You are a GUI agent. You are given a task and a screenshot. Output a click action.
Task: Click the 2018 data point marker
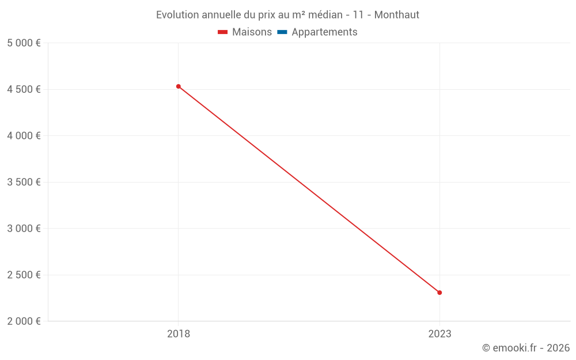click(179, 86)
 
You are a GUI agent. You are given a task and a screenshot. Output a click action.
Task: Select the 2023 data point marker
click(439, 293)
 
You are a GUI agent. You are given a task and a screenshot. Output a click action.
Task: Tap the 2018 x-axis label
click(179, 334)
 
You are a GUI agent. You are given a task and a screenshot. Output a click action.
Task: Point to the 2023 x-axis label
click(439, 334)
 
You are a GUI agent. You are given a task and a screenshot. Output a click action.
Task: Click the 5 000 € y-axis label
click(24, 43)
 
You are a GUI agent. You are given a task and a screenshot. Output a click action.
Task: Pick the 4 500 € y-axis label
click(24, 89)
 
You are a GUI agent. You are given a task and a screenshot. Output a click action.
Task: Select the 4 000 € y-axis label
click(24, 136)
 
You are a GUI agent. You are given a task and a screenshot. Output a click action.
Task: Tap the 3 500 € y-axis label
click(24, 182)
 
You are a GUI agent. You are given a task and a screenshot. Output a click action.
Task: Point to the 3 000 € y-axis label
click(24, 229)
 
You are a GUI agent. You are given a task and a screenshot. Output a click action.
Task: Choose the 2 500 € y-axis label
click(24, 275)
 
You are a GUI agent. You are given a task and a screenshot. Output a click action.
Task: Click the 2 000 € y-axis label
click(24, 321)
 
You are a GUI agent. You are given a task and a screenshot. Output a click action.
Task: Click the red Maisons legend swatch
click(222, 32)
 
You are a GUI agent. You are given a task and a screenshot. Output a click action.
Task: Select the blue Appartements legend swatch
click(282, 32)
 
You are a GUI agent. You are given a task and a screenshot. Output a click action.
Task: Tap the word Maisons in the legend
click(252, 32)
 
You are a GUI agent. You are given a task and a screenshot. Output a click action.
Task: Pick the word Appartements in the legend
click(324, 32)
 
